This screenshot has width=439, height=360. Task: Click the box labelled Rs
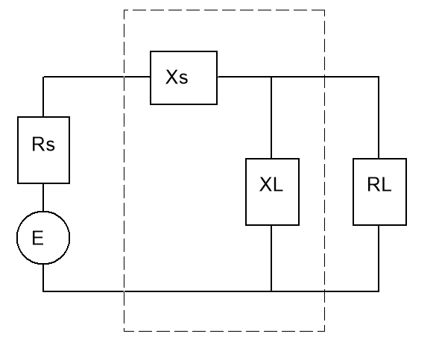coord(43,150)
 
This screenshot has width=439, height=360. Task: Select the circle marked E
coord(43,239)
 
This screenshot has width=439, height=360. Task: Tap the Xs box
coord(183,78)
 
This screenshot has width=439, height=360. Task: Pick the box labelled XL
coord(272,192)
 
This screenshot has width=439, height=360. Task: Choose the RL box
coord(379,192)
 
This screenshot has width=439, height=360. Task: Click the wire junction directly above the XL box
coord(271,77)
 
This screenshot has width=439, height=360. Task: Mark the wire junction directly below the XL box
coord(271,291)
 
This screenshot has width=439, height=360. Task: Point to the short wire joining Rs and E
coord(43,198)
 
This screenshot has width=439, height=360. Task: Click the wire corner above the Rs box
coord(43,77)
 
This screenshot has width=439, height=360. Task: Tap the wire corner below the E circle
coord(43,291)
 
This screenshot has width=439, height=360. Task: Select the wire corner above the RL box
coord(379,77)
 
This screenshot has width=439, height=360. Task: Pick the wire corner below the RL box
coord(379,291)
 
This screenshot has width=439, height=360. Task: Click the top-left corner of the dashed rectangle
coord(124,10)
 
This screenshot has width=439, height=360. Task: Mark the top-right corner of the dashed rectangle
coord(324,10)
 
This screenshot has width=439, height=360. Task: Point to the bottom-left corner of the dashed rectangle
coord(124,330)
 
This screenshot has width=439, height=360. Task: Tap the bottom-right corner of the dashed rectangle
coord(324,330)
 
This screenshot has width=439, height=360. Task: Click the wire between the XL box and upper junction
coord(271,118)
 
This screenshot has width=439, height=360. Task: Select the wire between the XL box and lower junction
coord(271,258)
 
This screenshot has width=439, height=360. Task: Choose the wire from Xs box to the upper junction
coord(244,77)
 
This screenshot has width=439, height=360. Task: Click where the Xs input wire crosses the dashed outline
coord(124,77)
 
